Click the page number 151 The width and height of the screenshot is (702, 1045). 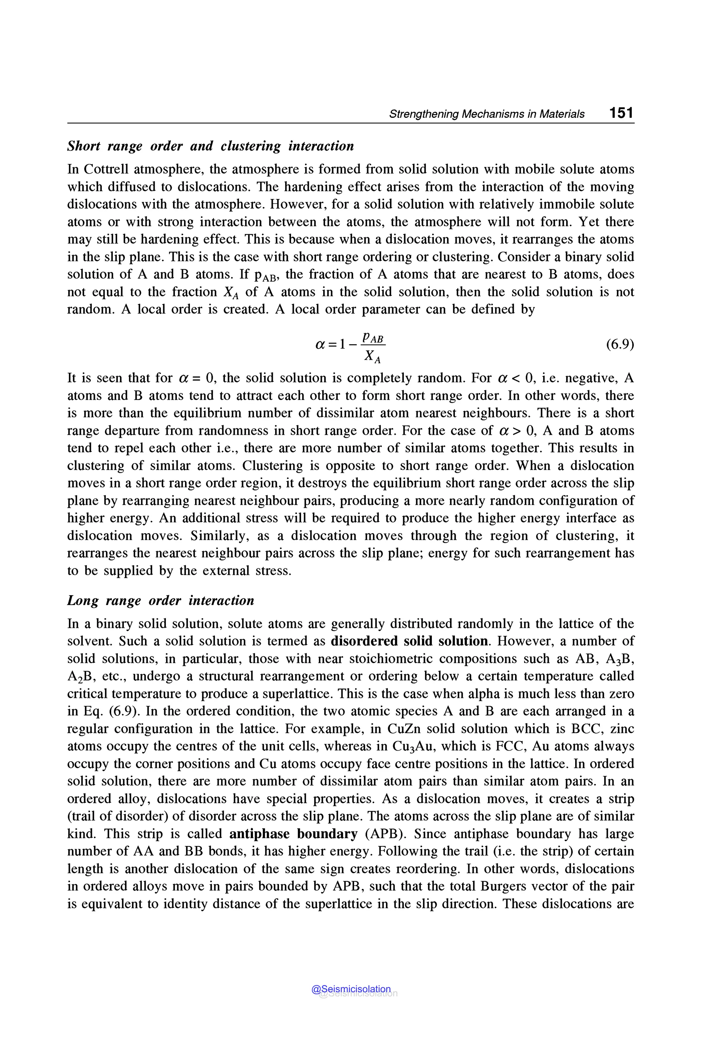click(621, 113)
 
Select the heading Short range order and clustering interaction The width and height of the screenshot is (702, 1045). click(210, 146)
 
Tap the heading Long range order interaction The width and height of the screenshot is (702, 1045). click(160, 601)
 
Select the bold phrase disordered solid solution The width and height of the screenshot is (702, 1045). click(409, 641)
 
